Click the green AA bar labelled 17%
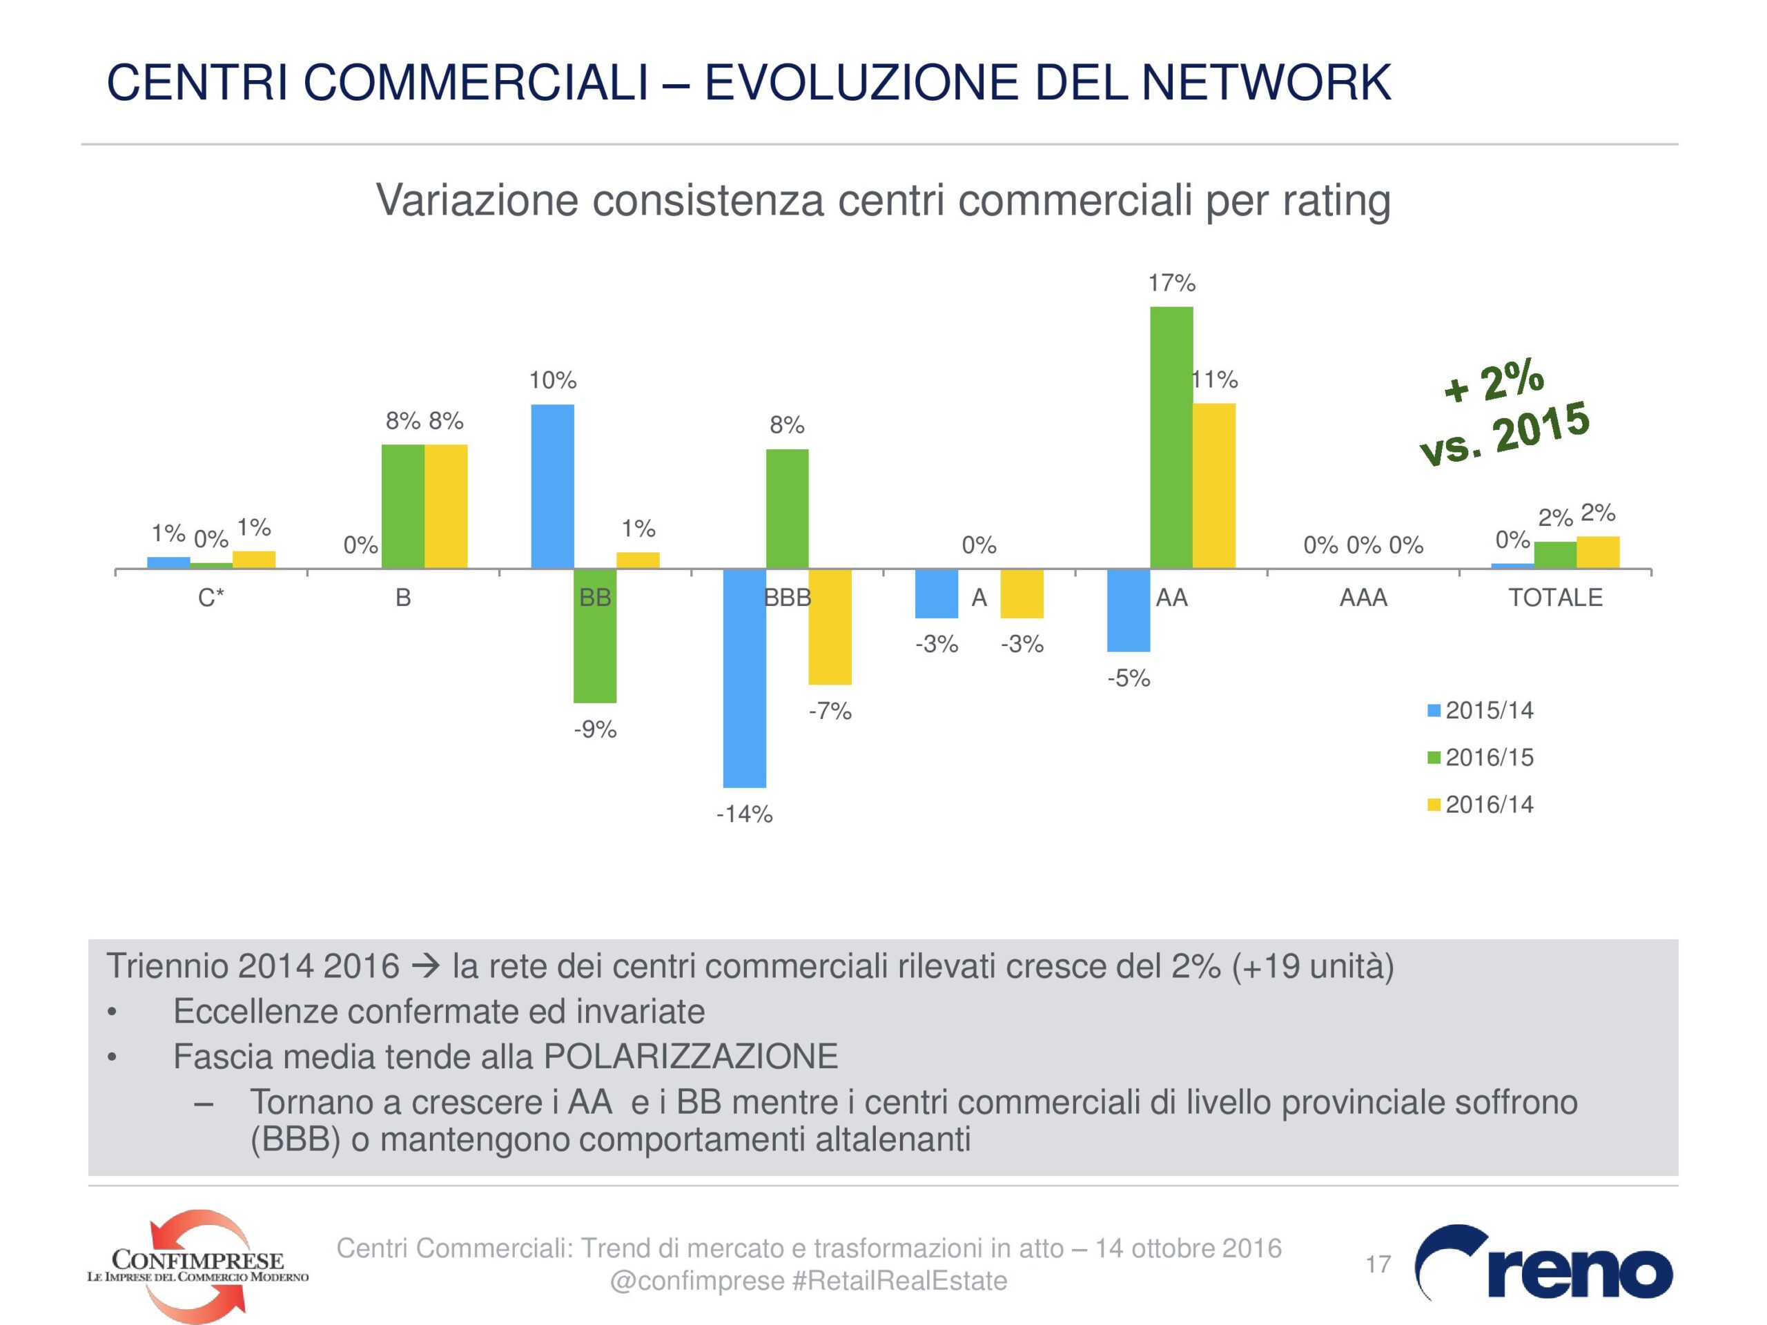click(x=1171, y=437)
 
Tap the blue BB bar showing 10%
click(x=552, y=487)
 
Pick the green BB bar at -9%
click(x=595, y=636)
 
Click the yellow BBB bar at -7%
click(x=830, y=626)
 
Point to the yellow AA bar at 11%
click(x=1213, y=486)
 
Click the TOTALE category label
click(x=1554, y=598)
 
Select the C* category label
click(x=211, y=598)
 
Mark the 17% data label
click(x=1171, y=283)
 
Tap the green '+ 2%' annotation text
click(x=1494, y=382)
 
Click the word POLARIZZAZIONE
click(x=690, y=1057)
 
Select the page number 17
click(x=1378, y=1264)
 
